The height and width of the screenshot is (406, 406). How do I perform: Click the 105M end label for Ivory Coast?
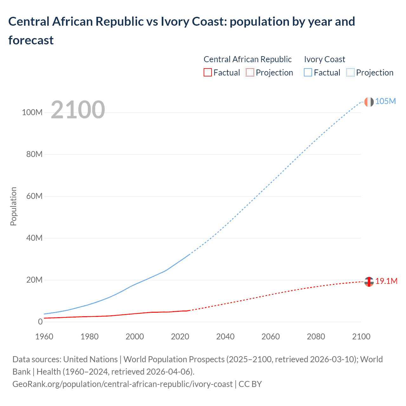coord(385,101)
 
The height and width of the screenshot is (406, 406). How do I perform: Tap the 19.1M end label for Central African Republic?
coord(386,281)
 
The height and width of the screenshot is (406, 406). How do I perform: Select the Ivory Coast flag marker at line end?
coord(369,102)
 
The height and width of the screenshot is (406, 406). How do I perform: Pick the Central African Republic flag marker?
coord(369,282)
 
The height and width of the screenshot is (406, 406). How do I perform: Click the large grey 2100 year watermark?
coord(78,110)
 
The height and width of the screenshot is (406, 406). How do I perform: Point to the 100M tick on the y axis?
coord(32,112)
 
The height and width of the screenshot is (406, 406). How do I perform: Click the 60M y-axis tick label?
coord(34,196)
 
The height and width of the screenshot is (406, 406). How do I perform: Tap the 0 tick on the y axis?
coord(40,322)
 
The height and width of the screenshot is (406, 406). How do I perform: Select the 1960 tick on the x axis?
coord(44,337)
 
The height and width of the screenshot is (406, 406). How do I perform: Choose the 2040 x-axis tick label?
coord(225,337)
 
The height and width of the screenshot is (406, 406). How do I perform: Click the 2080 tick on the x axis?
coord(316,337)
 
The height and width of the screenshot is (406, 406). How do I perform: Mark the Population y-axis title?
coord(13,206)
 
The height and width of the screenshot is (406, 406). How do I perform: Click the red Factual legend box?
coord(207,73)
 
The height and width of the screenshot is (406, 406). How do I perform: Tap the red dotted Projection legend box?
coord(250,73)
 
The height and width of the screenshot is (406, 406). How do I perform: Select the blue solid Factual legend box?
coord(308,73)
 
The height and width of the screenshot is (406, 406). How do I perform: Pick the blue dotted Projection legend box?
coord(350,73)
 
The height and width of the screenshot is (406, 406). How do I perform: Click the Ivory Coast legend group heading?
coord(324,59)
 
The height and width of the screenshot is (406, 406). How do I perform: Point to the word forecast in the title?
coord(31,40)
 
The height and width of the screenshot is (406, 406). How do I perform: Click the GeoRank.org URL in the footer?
coord(122,384)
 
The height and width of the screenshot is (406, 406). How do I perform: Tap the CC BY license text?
coord(250,384)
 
